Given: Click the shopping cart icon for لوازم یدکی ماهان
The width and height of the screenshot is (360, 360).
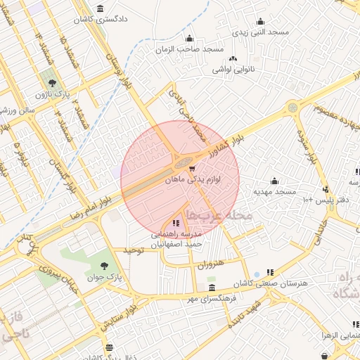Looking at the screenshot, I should tap(192, 169).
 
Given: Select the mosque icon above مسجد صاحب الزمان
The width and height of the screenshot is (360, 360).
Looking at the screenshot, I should tap(188, 38).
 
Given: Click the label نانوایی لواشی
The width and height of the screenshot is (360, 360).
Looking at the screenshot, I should tap(234, 70).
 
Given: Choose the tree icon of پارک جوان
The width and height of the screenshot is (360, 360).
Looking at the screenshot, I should tap(104, 266).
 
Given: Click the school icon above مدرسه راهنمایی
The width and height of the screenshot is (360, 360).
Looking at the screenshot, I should tap(175, 223).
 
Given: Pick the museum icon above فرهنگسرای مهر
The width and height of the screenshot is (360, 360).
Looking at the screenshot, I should tap(212, 288).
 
